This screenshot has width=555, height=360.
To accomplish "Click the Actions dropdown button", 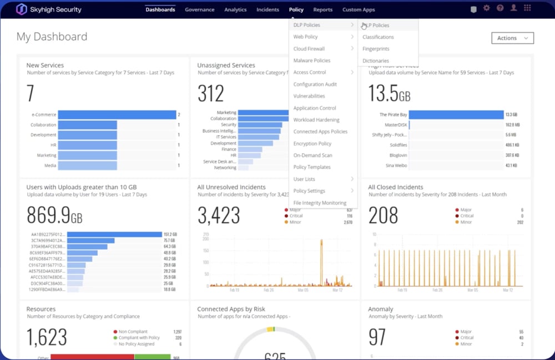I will tap(512, 38).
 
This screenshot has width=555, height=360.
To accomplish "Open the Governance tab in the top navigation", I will tap(199, 9).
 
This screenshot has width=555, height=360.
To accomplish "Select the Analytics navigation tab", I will tap(235, 9).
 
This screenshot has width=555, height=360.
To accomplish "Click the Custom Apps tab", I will tap(359, 9).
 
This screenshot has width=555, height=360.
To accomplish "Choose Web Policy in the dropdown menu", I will tap(306, 37).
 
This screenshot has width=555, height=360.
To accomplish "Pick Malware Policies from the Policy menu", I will tap(312, 60).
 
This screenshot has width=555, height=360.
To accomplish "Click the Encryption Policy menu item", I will tap(312, 144).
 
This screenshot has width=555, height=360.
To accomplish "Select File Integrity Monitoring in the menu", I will tap(320, 203).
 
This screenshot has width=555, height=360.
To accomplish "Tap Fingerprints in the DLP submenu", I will tap(376, 49).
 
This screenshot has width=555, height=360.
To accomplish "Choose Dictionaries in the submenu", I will tap(376, 60).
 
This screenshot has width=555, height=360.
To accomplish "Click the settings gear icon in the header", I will tap(487, 8).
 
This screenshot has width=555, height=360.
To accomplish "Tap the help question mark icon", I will tap(500, 8).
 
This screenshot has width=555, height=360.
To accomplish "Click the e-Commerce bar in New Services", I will tap(117, 115).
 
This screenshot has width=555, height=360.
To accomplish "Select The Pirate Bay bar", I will tap(456, 115).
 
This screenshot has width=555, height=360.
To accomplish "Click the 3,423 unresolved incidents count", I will tap(219, 215).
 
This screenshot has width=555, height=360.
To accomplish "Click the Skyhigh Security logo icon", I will tap(22, 9).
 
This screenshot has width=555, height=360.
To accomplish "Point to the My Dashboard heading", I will tap(52, 37).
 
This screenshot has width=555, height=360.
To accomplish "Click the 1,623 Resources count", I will tap(47, 337).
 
